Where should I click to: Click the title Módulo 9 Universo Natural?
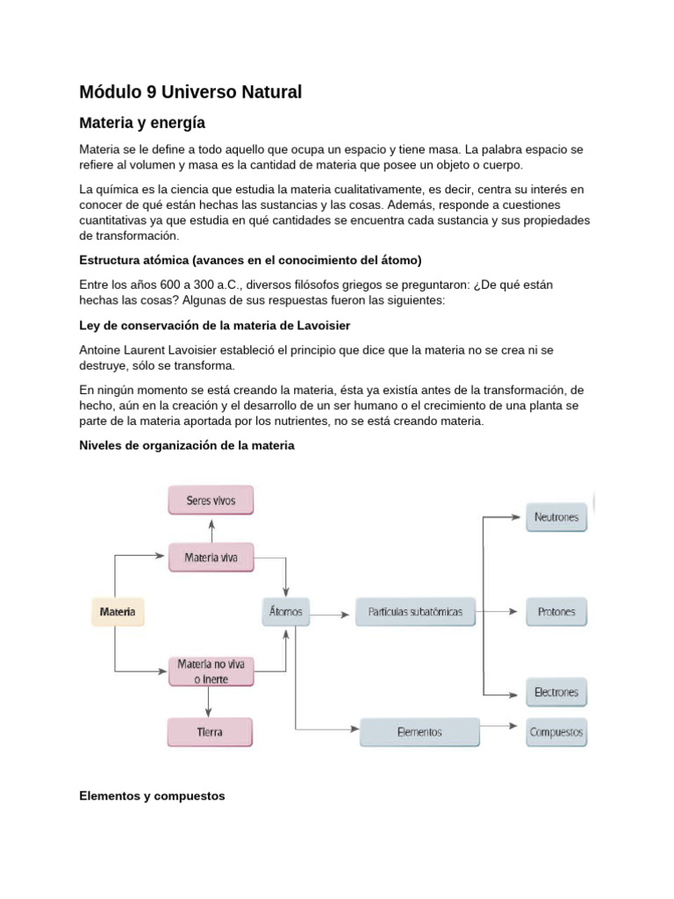[x=190, y=92]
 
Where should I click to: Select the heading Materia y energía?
[x=142, y=122]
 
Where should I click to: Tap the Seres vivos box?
[x=211, y=500]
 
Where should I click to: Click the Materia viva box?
[x=211, y=557]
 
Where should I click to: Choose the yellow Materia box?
[x=118, y=611]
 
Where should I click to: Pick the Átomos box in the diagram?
[x=285, y=611]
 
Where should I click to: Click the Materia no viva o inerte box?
[x=211, y=671]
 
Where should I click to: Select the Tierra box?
[x=211, y=731]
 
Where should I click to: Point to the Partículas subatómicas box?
[x=415, y=611]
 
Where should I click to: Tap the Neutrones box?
[x=556, y=517]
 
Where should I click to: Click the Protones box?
[x=556, y=611]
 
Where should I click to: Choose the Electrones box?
[x=556, y=692]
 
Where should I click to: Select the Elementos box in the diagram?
[x=419, y=731]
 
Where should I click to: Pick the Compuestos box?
[x=556, y=731]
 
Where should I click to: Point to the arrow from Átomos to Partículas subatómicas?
[x=332, y=614]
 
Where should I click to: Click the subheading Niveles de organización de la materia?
[x=187, y=446]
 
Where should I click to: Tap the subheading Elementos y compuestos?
[x=152, y=795]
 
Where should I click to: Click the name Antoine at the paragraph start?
[x=102, y=349]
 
